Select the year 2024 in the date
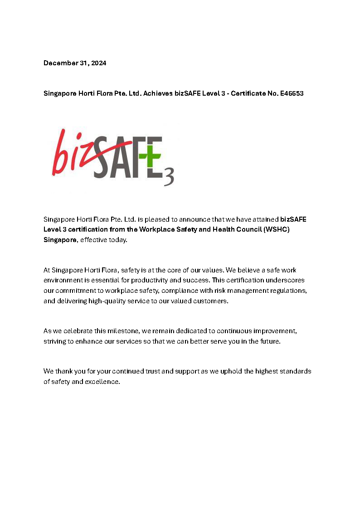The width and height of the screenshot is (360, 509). [x=98, y=63]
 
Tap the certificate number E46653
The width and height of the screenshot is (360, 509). [x=290, y=94]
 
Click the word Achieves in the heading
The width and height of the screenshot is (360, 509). [x=158, y=94]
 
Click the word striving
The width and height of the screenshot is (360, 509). [x=54, y=341]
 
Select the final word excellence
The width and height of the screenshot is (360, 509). [x=104, y=382]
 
